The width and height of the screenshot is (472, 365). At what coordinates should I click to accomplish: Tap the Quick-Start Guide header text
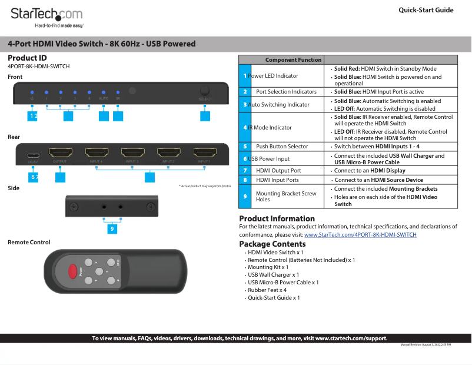[x=426, y=10]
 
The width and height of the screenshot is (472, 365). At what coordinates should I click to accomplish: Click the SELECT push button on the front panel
[x=205, y=91]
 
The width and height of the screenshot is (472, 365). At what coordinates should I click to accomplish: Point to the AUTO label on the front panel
[x=104, y=99]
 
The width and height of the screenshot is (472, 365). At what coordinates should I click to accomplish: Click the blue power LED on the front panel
[x=32, y=92]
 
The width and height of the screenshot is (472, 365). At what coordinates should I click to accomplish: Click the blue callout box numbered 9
[x=112, y=229]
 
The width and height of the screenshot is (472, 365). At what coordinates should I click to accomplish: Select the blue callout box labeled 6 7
[x=34, y=177]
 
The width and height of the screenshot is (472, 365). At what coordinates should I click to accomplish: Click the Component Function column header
[x=293, y=59]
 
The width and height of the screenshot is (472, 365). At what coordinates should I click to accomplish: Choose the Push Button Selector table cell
[x=282, y=146]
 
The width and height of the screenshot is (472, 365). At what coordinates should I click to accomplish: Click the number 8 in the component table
[x=245, y=180]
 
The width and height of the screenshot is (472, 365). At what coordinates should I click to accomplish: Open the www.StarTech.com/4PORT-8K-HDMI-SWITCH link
[x=360, y=234]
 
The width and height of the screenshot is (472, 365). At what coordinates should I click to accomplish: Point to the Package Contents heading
[x=272, y=244]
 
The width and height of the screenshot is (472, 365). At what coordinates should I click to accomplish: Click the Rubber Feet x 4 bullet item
[x=267, y=290]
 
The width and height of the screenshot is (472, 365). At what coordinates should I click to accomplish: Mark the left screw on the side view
[x=74, y=207]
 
